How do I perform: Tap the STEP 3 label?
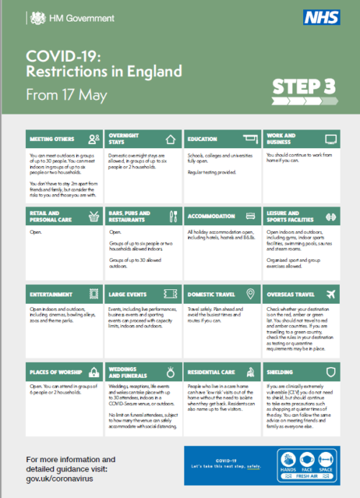coord(303,87)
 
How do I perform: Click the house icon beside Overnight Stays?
coord(171,140)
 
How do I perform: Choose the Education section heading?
coord(202,140)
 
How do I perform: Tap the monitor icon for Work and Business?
coord(330,140)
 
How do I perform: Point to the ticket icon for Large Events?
coord(171,294)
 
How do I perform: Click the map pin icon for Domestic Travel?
coord(251,294)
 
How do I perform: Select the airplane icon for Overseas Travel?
coord(330,294)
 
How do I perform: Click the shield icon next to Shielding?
coord(330,372)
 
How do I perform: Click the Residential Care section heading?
coord(211,373)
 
